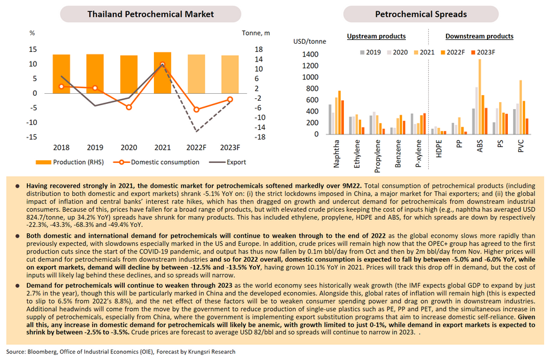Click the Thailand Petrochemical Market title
(150, 14)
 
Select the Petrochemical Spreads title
(421, 14)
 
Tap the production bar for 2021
(162, 73)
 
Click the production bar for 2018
(61, 74)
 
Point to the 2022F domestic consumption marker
(196, 110)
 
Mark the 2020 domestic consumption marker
(129, 107)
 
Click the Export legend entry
(227, 162)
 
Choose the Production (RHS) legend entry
(70, 162)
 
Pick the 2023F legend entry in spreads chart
(483, 53)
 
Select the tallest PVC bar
(521, 107)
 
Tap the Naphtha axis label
(336, 153)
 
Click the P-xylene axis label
(418, 153)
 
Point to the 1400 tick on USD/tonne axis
(310, 55)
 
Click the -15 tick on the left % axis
(32, 137)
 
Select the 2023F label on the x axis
(230, 148)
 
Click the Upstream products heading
(376, 36)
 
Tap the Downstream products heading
(479, 36)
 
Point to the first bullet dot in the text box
(17, 186)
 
